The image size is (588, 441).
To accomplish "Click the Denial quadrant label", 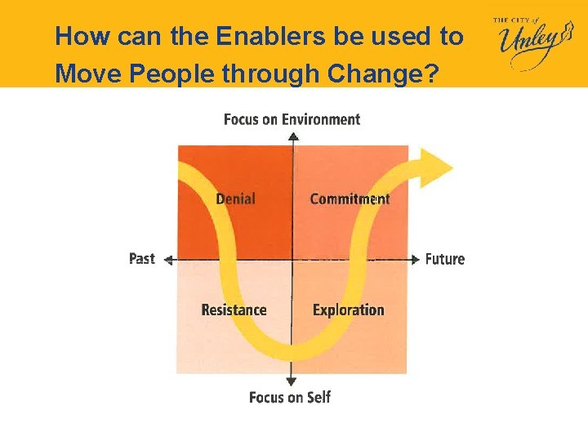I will click(x=235, y=198).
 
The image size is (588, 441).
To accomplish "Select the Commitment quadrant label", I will click(x=350, y=198).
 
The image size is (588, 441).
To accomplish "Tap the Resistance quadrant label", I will click(x=234, y=310).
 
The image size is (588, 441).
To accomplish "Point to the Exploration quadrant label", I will click(x=348, y=310).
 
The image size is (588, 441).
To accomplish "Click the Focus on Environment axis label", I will click(x=292, y=119).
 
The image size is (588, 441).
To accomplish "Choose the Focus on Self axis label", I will click(x=290, y=397).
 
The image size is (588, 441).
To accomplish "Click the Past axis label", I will click(x=141, y=258).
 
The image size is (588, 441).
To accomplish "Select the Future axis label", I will click(x=444, y=259).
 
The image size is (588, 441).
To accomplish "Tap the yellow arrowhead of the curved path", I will click(x=436, y=167).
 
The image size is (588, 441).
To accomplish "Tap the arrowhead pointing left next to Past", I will click(x=168, y=260).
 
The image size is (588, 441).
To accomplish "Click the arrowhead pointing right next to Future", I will click(x=415, y=260).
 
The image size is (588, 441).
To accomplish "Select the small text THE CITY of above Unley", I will click(x=514, y=20).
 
